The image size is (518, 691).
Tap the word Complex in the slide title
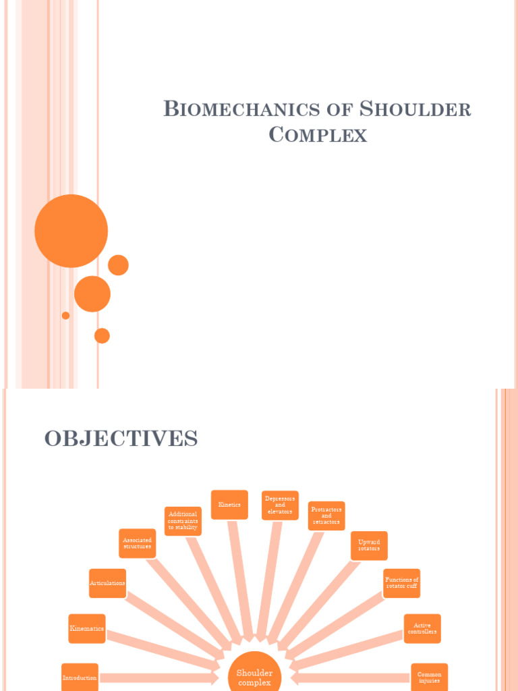click(x=318, y=135)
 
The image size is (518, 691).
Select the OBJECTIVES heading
click(x=121, y=439)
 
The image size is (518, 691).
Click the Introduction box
click(x=80, y=678)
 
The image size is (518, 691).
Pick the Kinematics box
click(x=87, y=628)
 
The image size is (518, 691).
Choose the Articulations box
click(x=107, y=583)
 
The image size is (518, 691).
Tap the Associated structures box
click(x=137, y=543)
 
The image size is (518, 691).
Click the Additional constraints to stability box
click(x=183, y=521)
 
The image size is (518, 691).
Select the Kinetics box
click(x=229, y=505)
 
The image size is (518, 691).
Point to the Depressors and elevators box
click(x=280, y=505)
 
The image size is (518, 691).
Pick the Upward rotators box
click(x=369, y=545)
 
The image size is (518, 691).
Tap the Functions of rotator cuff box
click(x=401, y=583)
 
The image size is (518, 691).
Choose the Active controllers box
click(x=422, y=628)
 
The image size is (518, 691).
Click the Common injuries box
click(x=429, y=677)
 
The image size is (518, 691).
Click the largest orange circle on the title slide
click(x=71, y=231)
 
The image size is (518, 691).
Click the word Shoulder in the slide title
click(x=415, y=109)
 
